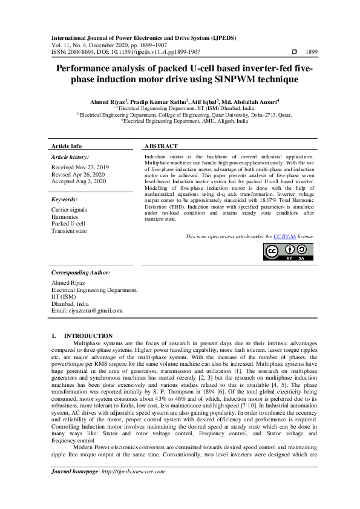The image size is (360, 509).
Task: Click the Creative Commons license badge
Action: tap(289, 251)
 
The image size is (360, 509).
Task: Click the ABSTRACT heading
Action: tap(161, 146)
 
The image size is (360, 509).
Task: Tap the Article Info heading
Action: tap(67, 146)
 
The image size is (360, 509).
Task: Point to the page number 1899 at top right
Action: tap(312, 53)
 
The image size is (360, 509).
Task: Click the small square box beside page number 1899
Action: tap(294, 53)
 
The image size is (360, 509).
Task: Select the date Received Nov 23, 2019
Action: tap(80, 166)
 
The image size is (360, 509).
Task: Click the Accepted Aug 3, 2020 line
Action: tap(79, 181)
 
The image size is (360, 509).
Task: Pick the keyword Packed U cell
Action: tap(68, 224)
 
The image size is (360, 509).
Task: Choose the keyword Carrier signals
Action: tap(70, 209)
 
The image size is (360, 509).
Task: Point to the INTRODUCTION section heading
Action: tap(88, 336)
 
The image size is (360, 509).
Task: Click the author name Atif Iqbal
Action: tap(205, 102)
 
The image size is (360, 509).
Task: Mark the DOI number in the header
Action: tap(134, 53)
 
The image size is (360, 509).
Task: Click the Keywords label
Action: tap(64, 199)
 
